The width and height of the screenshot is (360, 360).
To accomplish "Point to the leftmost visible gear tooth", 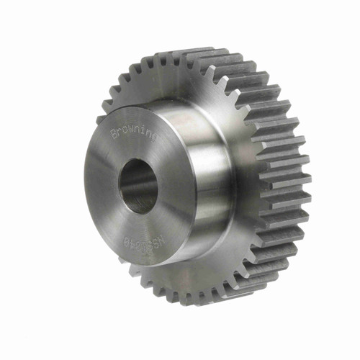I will (x=101, y=119).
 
